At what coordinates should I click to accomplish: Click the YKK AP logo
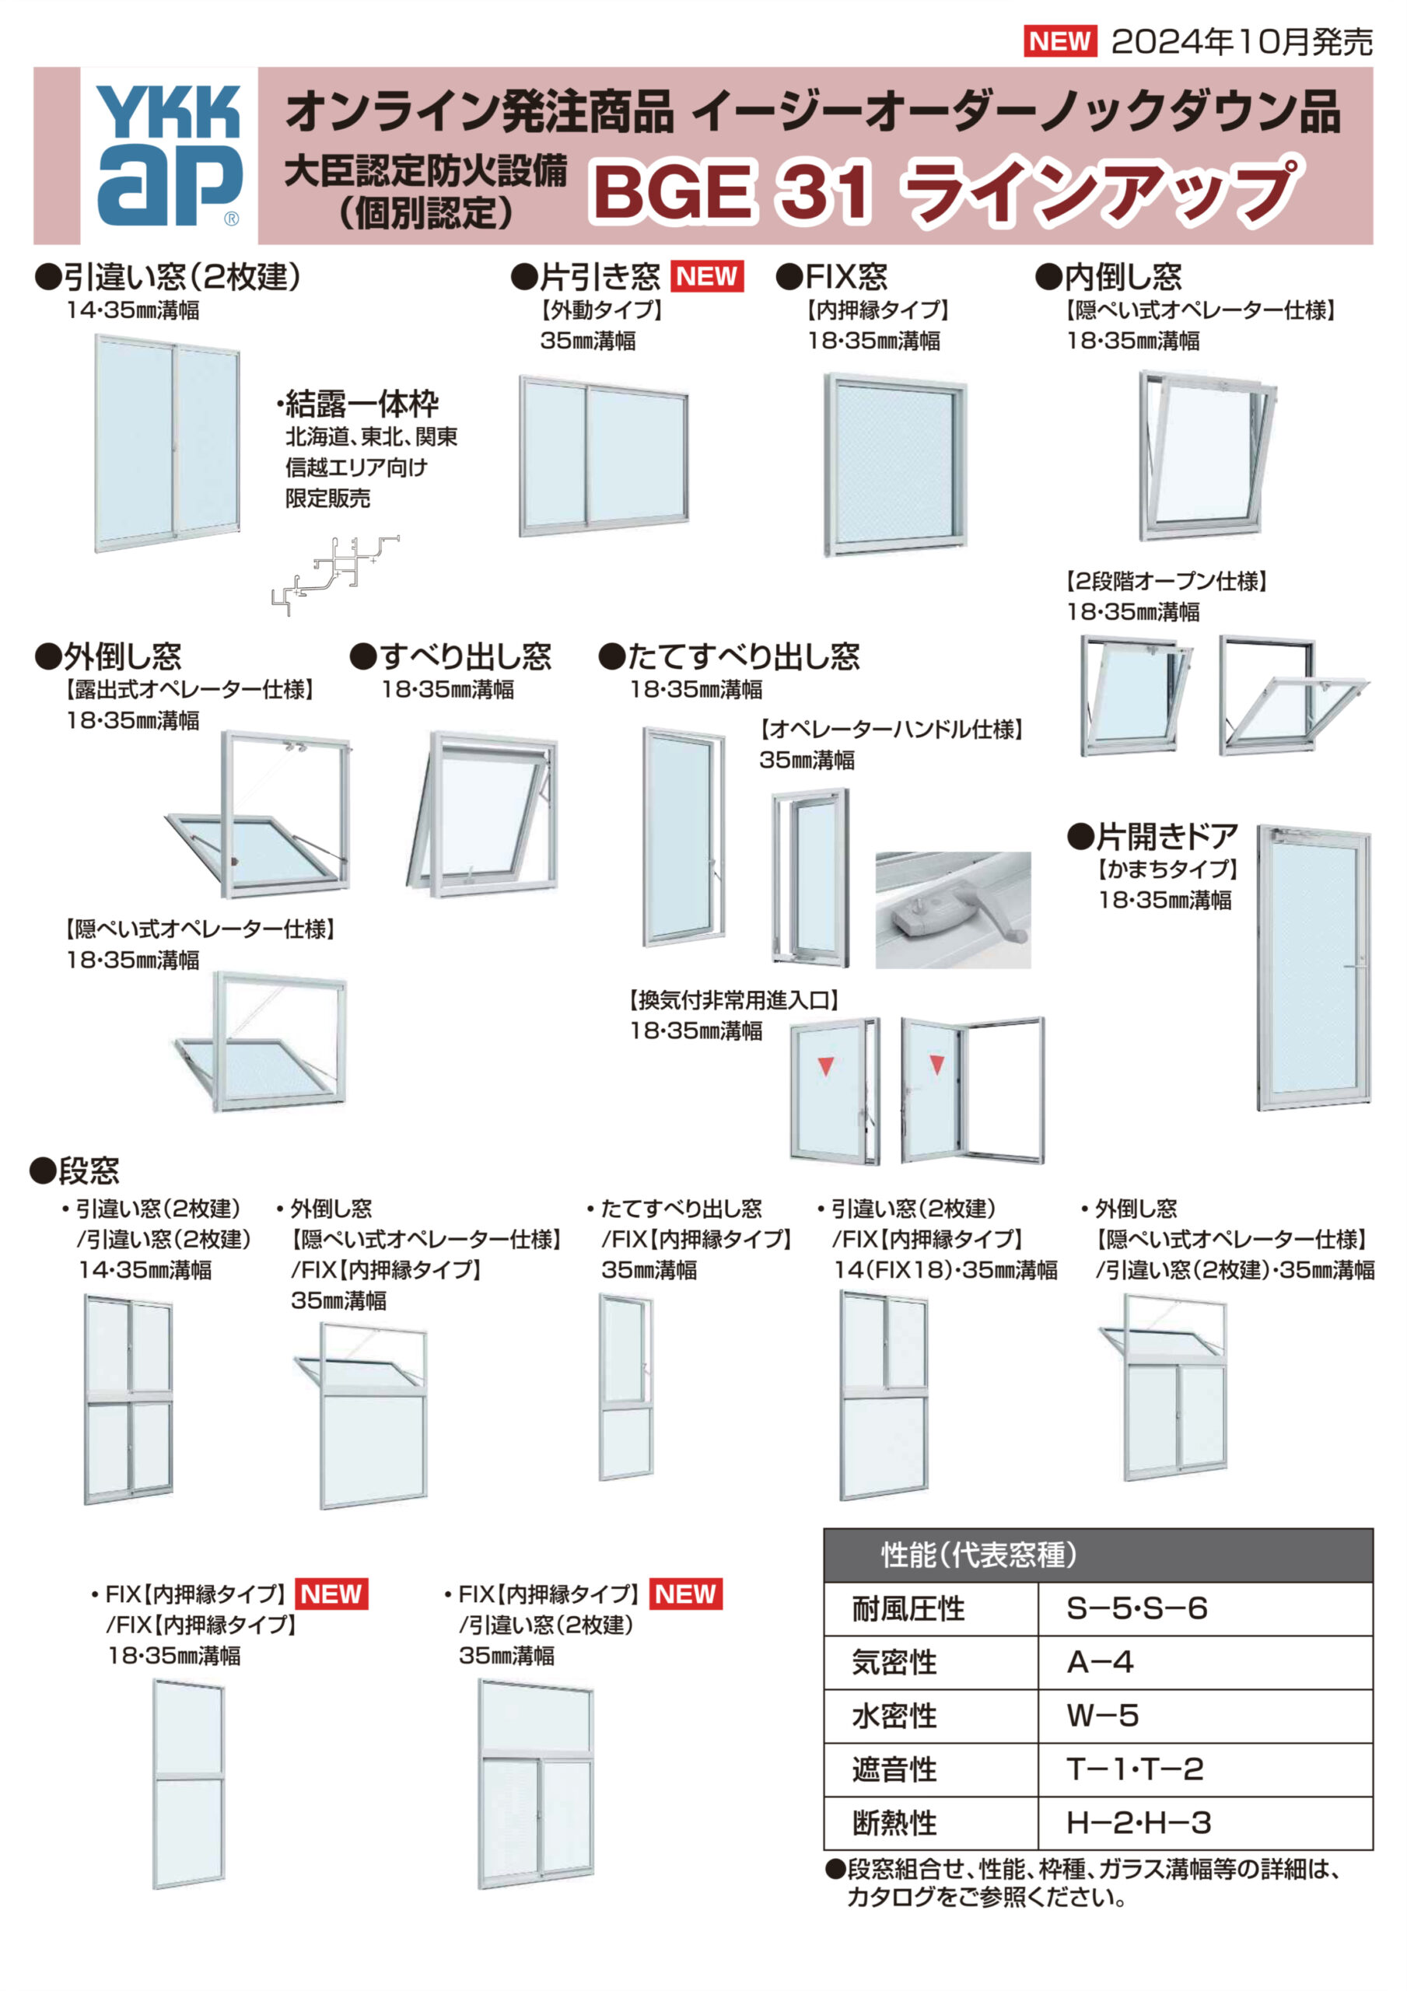pyautogui.click(x=168, y=156)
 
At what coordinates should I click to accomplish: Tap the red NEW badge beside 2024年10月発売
pyautogui.click(x=1059, y=40)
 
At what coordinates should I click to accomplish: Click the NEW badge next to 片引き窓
pyautogui.click(x=707, y=277)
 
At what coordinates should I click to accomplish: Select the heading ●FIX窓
pyautogui.click(x=831, y=277)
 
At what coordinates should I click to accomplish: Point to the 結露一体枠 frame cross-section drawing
pyautogui.click(x=333, y=573)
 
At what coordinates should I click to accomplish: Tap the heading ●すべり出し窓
pyautogui.click(x=450, y=656)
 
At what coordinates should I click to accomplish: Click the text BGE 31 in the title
pyautogui.click(x=731, y=191)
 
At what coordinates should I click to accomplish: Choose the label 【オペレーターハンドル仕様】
pyautogui.click(x=891, y=730)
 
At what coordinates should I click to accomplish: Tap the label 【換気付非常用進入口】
pyautogui.click(x=733, y=1000)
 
